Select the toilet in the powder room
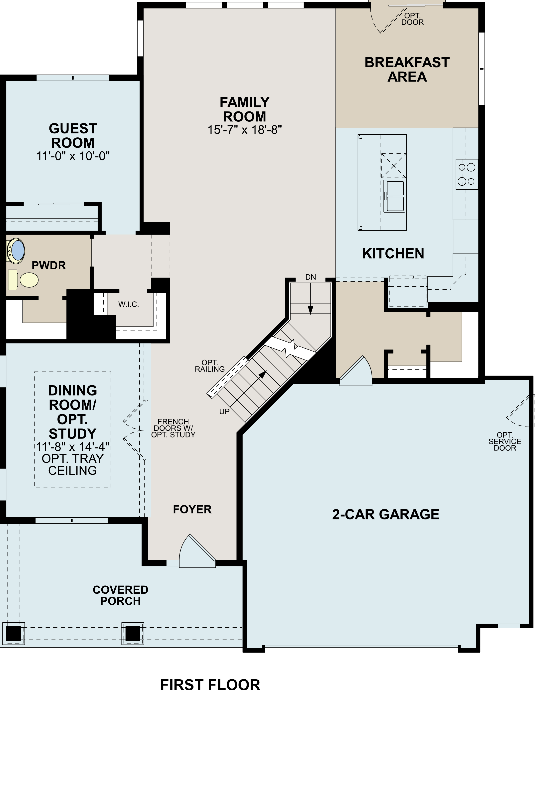point(29,280)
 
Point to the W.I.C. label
point(129,305)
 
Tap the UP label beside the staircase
point(224,412)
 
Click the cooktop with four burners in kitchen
point(466,174)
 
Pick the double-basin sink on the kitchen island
point(394,196)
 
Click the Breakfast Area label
point(407,70)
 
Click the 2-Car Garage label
point(385,514)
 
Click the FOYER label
point(192,509)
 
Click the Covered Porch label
point(120,595)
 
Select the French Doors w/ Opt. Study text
point(173,428)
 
